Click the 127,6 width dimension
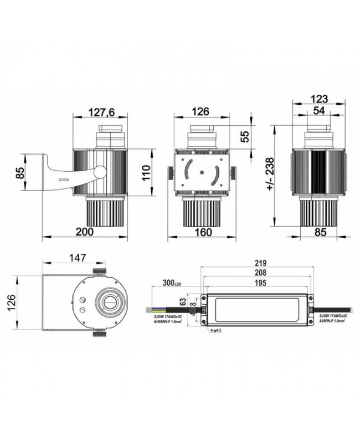[101, 112]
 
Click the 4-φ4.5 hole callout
[215, 331]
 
